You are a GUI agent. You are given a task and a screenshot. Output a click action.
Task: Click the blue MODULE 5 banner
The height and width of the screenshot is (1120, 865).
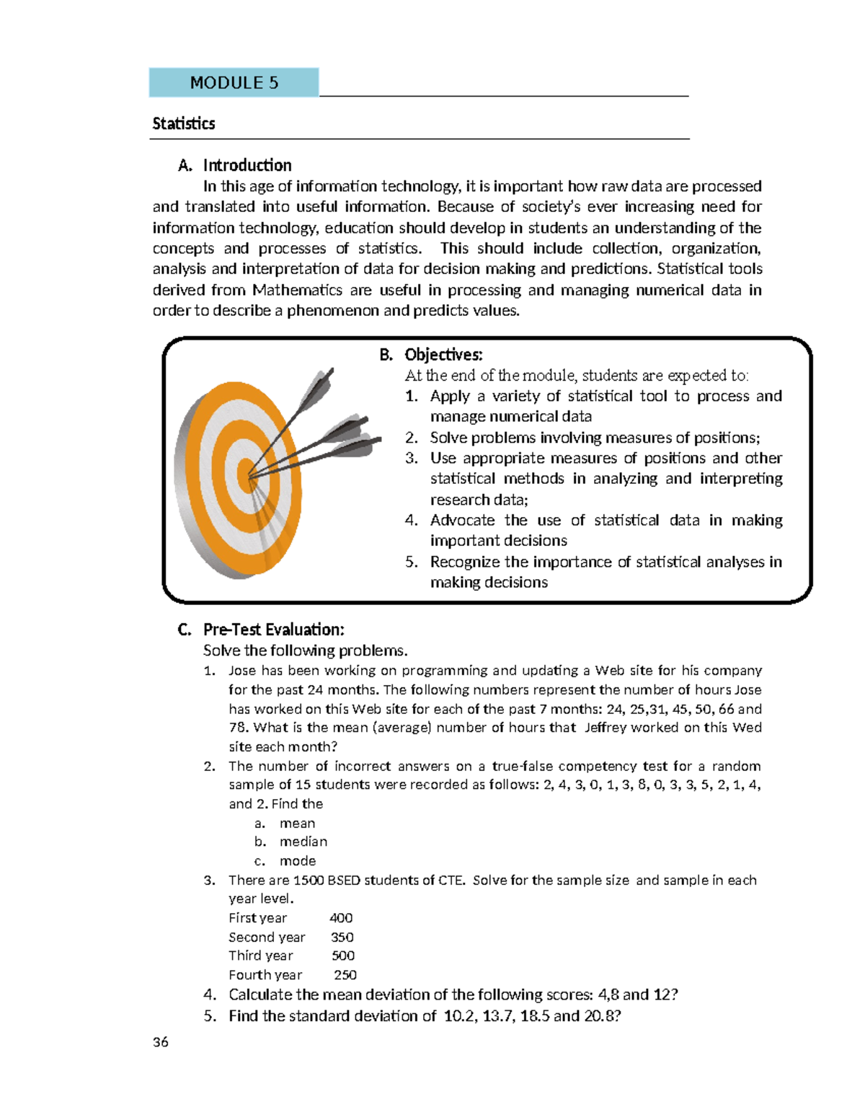point(234,82)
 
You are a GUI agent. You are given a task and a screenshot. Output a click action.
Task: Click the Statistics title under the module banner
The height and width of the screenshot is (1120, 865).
point(183,123)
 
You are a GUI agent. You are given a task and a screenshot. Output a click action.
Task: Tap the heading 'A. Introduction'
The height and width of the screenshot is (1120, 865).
point(235,165)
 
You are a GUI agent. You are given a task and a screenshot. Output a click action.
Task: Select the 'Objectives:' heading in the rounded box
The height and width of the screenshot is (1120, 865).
point(443,354)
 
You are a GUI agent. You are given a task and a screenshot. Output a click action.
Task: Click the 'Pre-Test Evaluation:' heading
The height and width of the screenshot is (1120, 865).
point(273,630)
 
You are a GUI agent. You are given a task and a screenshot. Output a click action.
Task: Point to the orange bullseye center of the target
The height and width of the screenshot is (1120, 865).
point(246,475)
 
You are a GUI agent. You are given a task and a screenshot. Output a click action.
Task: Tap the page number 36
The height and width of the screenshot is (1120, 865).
point(161,1042)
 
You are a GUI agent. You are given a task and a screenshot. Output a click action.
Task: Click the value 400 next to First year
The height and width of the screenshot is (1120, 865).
point(341,918)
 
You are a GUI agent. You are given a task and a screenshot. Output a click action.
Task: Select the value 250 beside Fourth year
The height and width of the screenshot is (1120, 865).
point(345,975)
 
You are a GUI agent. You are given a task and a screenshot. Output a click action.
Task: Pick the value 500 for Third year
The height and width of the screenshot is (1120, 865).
point(343,956)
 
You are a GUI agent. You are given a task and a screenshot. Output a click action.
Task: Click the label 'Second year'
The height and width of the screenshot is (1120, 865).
point(267,937)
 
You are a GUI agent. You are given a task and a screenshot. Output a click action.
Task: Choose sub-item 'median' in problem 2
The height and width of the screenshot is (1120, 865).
point(303,842)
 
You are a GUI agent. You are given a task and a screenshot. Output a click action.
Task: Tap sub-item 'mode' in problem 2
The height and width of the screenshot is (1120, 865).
point(298,861)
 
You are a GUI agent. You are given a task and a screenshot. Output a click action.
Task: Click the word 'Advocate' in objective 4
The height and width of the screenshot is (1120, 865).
point(462,520)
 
